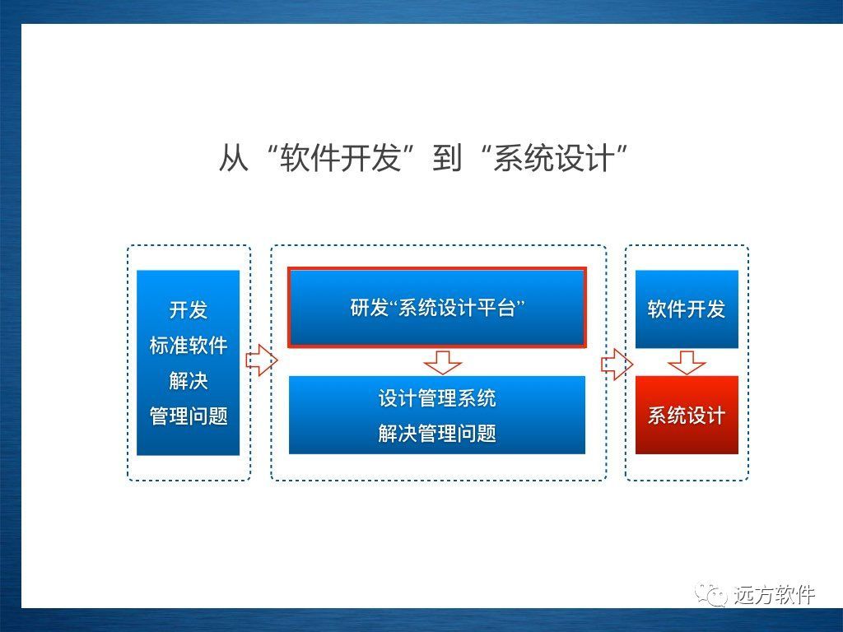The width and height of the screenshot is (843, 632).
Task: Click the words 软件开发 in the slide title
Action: [340, 158]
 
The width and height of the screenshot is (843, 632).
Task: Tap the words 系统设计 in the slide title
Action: [554, 158]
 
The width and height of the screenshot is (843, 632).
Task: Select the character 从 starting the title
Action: [233, 158]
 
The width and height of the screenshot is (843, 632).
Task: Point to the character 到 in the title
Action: [447, 158]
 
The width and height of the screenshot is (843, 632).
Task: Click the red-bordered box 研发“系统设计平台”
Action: [437, 308]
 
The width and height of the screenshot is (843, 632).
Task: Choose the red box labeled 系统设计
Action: [687, 415]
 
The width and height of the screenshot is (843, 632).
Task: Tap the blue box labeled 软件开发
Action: [687, 309]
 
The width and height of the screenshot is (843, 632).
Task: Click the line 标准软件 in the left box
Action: [189, 345]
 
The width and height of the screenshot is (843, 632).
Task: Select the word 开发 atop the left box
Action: [189, 309]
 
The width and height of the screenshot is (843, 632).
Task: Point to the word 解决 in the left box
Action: [189, 380]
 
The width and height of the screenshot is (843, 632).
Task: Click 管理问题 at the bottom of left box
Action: [189, 416]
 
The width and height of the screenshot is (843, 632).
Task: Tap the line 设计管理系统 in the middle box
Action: [437, 398]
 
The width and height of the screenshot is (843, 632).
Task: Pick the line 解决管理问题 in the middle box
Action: [437, 433]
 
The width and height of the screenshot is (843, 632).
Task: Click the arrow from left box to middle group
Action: [262, 360]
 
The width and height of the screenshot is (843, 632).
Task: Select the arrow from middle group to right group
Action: [617, 365]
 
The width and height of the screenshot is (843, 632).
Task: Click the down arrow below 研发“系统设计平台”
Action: [442, 362]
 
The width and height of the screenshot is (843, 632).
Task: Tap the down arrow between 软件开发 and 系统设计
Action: [687, 363]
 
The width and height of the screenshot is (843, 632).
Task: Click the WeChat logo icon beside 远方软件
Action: [710, 593]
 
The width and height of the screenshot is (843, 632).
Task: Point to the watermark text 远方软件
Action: [774, 594]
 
